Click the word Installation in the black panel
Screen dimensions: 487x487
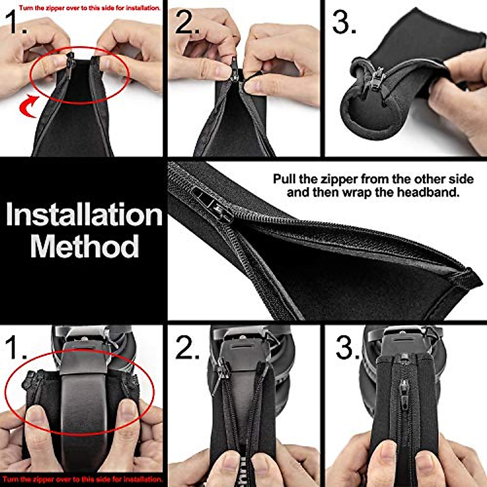(x=84, y=215)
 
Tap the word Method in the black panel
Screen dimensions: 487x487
(x=84, y=246)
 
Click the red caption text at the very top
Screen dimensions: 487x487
(x=89, y=8)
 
